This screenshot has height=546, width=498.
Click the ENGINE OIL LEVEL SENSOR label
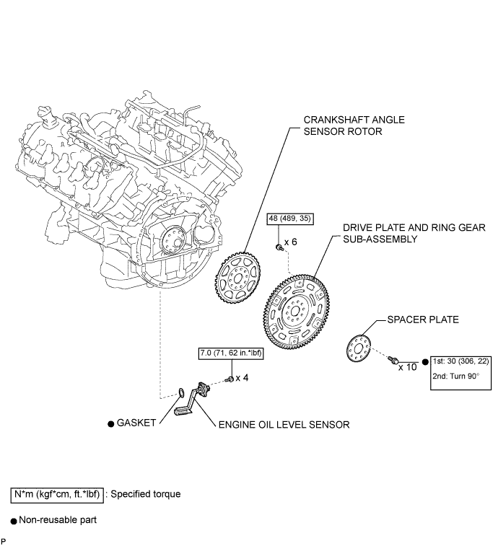(x=284, y=425)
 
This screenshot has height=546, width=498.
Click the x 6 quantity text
(x=291, y=242)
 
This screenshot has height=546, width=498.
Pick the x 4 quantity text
(x=242, y=377)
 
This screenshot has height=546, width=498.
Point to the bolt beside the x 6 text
(x=279, y=247)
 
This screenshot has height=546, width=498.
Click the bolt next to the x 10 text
(x=394, y=358)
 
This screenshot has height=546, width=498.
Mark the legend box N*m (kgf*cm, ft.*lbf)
(x=56, y=495)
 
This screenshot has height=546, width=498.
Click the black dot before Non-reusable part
(x=14, y=519)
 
